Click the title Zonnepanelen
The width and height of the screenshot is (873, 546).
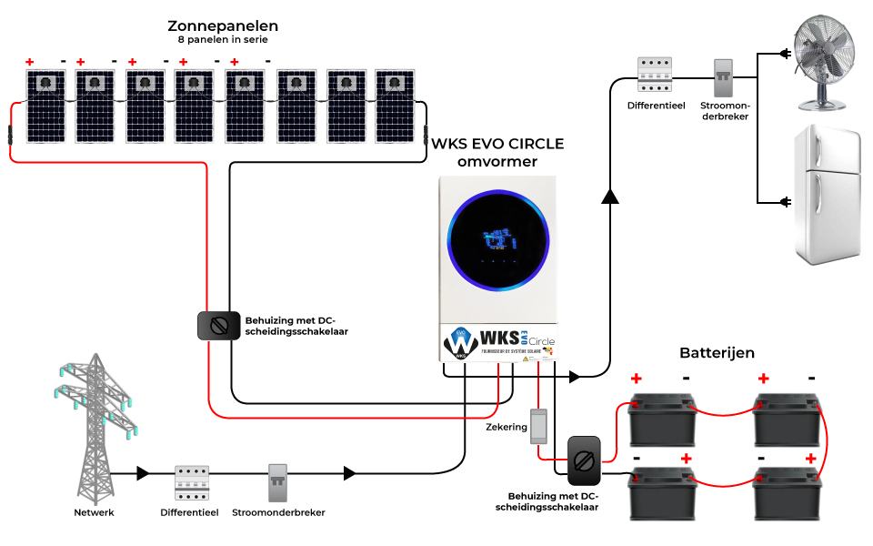[x=223, y=25]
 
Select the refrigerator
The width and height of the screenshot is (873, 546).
[x=826, y=195]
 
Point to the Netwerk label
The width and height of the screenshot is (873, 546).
[x=95, y=512]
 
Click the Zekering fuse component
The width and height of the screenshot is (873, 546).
[x=539, y=426]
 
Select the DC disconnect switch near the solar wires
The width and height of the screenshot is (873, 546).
[x=218, y=326]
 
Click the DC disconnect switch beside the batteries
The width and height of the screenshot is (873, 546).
[x=584, y=460]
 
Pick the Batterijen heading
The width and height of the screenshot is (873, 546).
[x=717, y=352]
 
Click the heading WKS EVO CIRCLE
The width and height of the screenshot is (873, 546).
[x=497, y=144]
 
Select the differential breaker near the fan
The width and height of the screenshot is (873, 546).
[x=654, y=75]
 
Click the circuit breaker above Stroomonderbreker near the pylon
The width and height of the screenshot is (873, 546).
[x=278, y=483]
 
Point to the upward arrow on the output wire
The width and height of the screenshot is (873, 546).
[x=609, y=196]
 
